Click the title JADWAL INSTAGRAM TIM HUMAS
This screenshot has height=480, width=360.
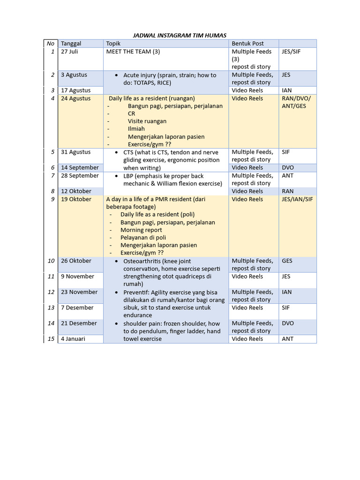(180, 35)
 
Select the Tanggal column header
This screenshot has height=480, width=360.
(71, 44)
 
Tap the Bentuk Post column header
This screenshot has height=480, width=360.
(247, 44)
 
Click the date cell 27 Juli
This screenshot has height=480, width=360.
(69, 52)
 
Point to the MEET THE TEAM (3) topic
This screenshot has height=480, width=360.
(133, 52)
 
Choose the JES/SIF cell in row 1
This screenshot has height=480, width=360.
(291, 52)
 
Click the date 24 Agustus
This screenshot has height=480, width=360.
(76, 98)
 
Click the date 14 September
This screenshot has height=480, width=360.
(80, 167)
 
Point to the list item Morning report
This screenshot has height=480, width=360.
(141, 230)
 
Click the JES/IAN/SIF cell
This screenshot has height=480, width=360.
(297, 199)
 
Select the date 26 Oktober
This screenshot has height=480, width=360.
(76, 261)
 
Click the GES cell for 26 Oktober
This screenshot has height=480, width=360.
(287, 261)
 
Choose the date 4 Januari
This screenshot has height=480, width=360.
(73, 338)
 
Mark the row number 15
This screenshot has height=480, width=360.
(51, 338)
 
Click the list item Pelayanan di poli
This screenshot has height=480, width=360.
(143, 238)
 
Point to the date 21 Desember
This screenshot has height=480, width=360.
(79, 323)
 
